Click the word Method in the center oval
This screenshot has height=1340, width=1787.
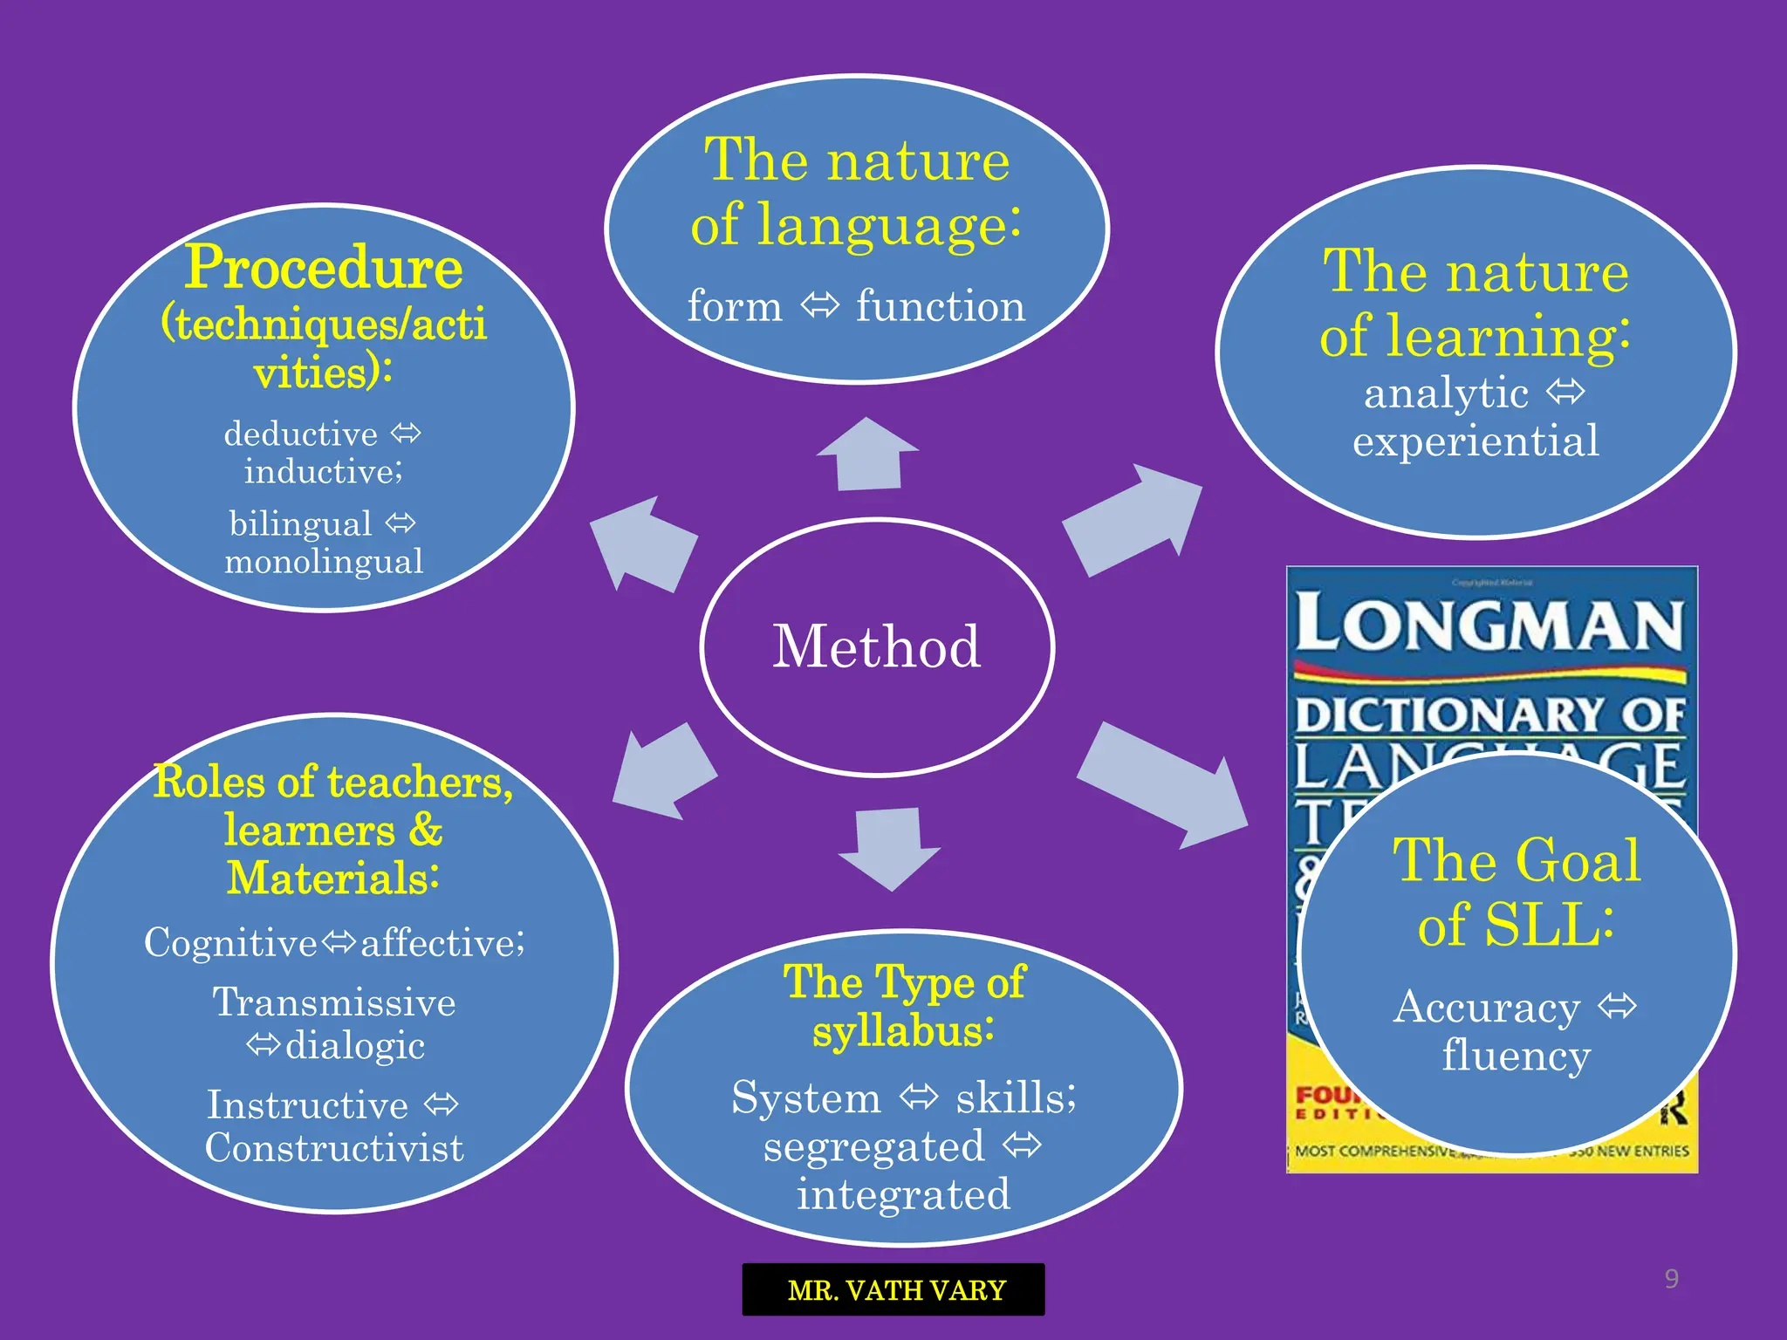point(877,646)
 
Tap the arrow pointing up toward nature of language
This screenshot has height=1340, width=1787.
point(868,455)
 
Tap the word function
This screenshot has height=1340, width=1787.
point(940,306)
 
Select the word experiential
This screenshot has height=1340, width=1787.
point(1475,441)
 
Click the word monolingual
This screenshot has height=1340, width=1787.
point(324,561)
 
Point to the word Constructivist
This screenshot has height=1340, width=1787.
point(334,1148)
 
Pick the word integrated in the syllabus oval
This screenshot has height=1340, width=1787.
point(903,1194)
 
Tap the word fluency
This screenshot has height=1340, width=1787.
point(1516,1055)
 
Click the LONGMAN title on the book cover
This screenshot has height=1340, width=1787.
point(1489,625)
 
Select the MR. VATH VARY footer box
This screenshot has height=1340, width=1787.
point(893,1289)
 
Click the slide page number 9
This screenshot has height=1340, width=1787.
point(1671,1279)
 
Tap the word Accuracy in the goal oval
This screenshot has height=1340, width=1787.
point(1486,1008)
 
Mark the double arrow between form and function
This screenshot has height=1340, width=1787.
point(819,306)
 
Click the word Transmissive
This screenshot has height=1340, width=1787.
point(334,1002)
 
